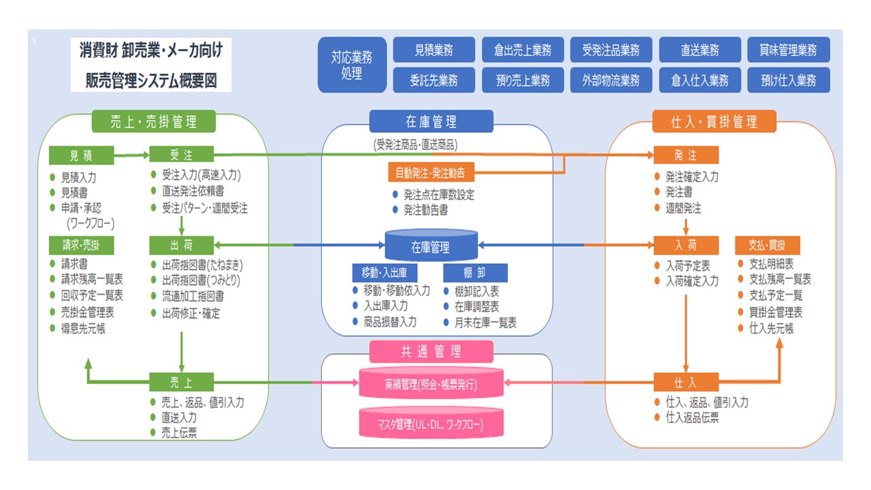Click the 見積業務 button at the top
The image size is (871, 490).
(434, 50)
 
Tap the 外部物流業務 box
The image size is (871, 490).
(611, 80)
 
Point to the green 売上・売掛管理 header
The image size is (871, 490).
(154, 122)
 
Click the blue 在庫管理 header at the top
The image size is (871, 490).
(431, 122)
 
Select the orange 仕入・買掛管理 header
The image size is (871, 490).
(704, 122)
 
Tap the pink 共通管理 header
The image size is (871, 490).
(431, 352)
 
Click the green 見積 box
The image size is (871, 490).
(81, 155)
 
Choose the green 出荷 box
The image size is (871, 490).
(181, 244)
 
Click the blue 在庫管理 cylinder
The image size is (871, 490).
(431, 246)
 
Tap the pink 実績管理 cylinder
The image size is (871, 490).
(431, 383)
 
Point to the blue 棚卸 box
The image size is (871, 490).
(475, 273)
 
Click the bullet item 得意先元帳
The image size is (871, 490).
(83, 329)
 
